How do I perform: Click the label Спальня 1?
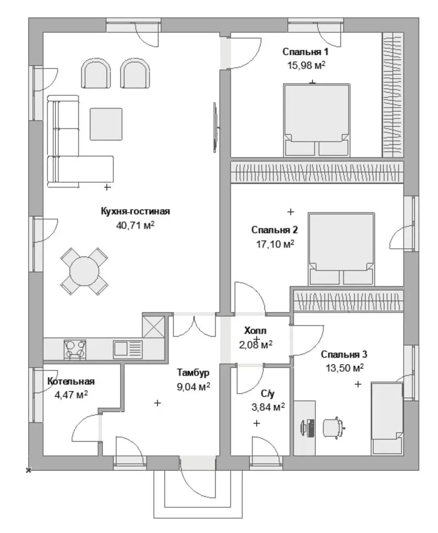point(305,52)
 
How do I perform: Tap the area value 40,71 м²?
point(135,225)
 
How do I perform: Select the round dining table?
point(84,271)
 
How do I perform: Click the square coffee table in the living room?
point(106,124)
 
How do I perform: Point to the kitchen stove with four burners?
point(75,349)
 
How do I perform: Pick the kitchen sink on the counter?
point(127,349)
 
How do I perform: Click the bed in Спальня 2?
point(341,249)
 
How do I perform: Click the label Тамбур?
point(193,373)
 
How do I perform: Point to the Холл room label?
point(255,330)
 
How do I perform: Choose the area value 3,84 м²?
point(268,407)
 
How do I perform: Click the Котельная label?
point(71,381)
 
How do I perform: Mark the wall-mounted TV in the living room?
point(216,127)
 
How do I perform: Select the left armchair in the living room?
point(96,74)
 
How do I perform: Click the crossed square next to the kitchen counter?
point(153,327)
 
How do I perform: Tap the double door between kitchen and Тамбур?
point(194,326)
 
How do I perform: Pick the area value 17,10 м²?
point(275,244)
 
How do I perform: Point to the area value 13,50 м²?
point(345,368)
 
